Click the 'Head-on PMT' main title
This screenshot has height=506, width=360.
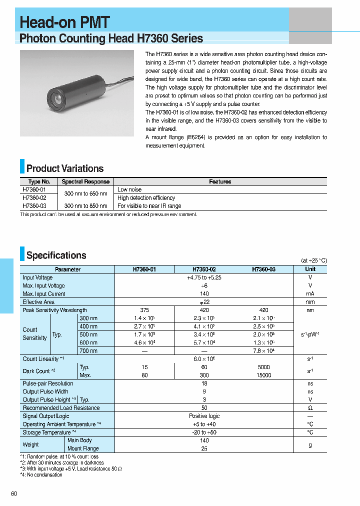point(64,22)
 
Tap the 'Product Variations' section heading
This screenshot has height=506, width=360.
point(64,168)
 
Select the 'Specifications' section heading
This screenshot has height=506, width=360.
point(56,255)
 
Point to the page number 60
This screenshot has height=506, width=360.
point(13,494)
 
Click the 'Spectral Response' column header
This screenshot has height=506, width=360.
point(85,182)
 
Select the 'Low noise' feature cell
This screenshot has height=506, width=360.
point(129,190)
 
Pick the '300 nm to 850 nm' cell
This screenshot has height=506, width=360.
point(85,206)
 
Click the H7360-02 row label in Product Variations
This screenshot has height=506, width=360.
point(34,198)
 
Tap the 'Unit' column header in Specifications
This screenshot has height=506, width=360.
point(310,269)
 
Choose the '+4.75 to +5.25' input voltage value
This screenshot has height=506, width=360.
point(204,277)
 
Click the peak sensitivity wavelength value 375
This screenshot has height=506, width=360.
point(144,310)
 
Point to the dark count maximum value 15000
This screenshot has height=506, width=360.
point(263,375)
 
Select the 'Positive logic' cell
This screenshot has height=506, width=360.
point(204,416)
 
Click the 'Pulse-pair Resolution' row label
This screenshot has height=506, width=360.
point(48,383)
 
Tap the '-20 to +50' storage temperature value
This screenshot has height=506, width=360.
point(204,432)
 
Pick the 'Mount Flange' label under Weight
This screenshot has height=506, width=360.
point(83,448)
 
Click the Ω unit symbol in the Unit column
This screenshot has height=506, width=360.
point(310,408)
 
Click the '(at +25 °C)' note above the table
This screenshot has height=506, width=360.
point(313,260)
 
